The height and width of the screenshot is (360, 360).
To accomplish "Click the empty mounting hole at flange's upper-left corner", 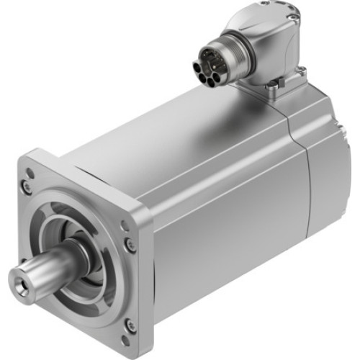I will pos(30,173).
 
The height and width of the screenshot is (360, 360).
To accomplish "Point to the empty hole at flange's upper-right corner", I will pos(125,226).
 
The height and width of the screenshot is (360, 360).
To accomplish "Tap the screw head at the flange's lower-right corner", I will pos(130,326).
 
